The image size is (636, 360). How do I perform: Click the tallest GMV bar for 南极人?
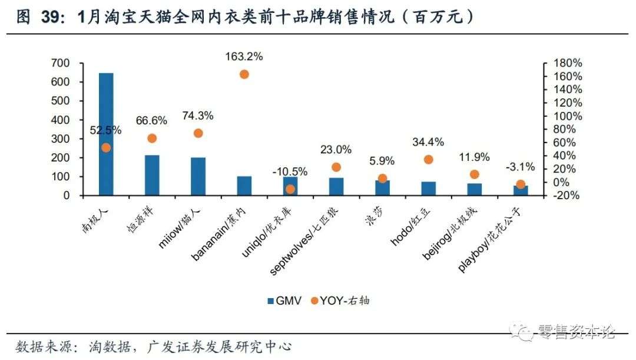coord(106,134)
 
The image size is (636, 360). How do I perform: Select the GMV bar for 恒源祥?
coord(152,175)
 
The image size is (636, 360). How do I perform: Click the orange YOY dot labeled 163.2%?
coord(244,74)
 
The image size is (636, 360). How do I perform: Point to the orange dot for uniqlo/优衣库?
coord(290,189)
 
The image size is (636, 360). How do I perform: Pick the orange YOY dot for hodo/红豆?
coord(428,160)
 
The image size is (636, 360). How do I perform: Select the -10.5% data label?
coord(290,171)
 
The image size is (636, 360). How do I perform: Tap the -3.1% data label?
coord(520,167)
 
